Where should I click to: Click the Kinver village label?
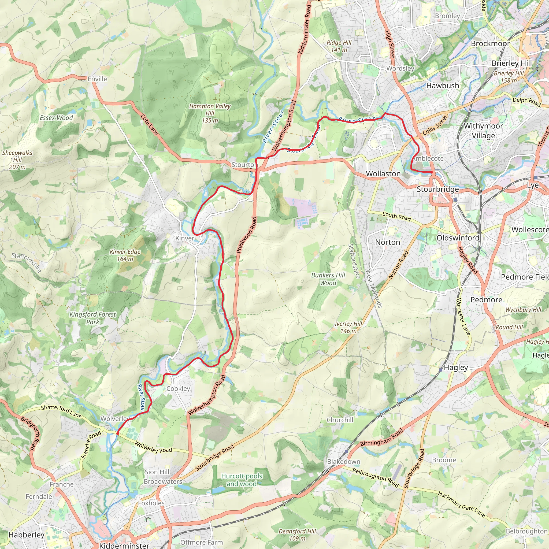[x=185, y=238]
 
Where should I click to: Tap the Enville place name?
[x=97, y=79]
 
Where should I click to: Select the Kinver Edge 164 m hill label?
[x=125, y=255]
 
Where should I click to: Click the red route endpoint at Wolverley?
[x=118, y=434]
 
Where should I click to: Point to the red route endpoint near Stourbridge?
[x=431, y=172]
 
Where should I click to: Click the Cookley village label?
[x=178, y=388]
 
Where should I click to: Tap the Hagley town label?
[x=456, y=368]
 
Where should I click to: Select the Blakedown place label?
[x=344, y=462]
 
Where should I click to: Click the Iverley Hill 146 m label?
[x=348, y=327]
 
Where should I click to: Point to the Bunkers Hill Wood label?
[x=328, y=279]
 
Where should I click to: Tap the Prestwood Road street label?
[x=247, y=235]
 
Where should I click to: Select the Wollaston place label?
[x=383, y=173]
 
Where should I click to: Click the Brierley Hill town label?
[x=511, y=63]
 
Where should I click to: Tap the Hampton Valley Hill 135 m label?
[x=210, y=113]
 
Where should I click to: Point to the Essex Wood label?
[x=56, y=118]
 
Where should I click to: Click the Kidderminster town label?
[x=124, y=545]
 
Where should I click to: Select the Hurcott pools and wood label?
[x=242, y=480]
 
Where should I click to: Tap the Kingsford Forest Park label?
[x=93, y=318]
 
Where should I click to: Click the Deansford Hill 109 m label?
[x=297, y=535]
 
